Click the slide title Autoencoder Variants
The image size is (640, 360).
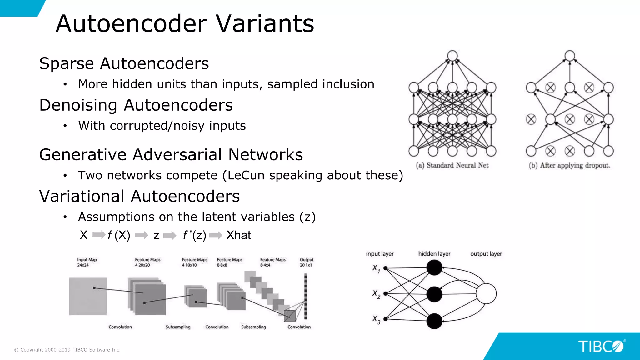click(185, 24)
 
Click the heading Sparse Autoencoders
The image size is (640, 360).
click(124, 63)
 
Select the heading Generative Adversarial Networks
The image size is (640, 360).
click(171, 154)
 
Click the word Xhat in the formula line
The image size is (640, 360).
click(238, 235)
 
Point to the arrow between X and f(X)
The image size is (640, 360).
click(99, 235)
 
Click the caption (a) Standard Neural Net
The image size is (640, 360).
click(452, 165)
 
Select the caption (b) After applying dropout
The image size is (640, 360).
click(569, 165)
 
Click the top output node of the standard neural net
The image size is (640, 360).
click(452, 56)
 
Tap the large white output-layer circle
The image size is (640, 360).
click(486, 293)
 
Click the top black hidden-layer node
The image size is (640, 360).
click(434, 268)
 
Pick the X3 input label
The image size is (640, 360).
click(376, 320)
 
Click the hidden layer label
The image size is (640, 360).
click(434, 254)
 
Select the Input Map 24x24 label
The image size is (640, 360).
click(87, 262)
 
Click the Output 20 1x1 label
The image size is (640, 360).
click(306, 262)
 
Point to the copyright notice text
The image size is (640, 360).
click(67, 350)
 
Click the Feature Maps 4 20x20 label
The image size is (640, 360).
click(147, 262)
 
